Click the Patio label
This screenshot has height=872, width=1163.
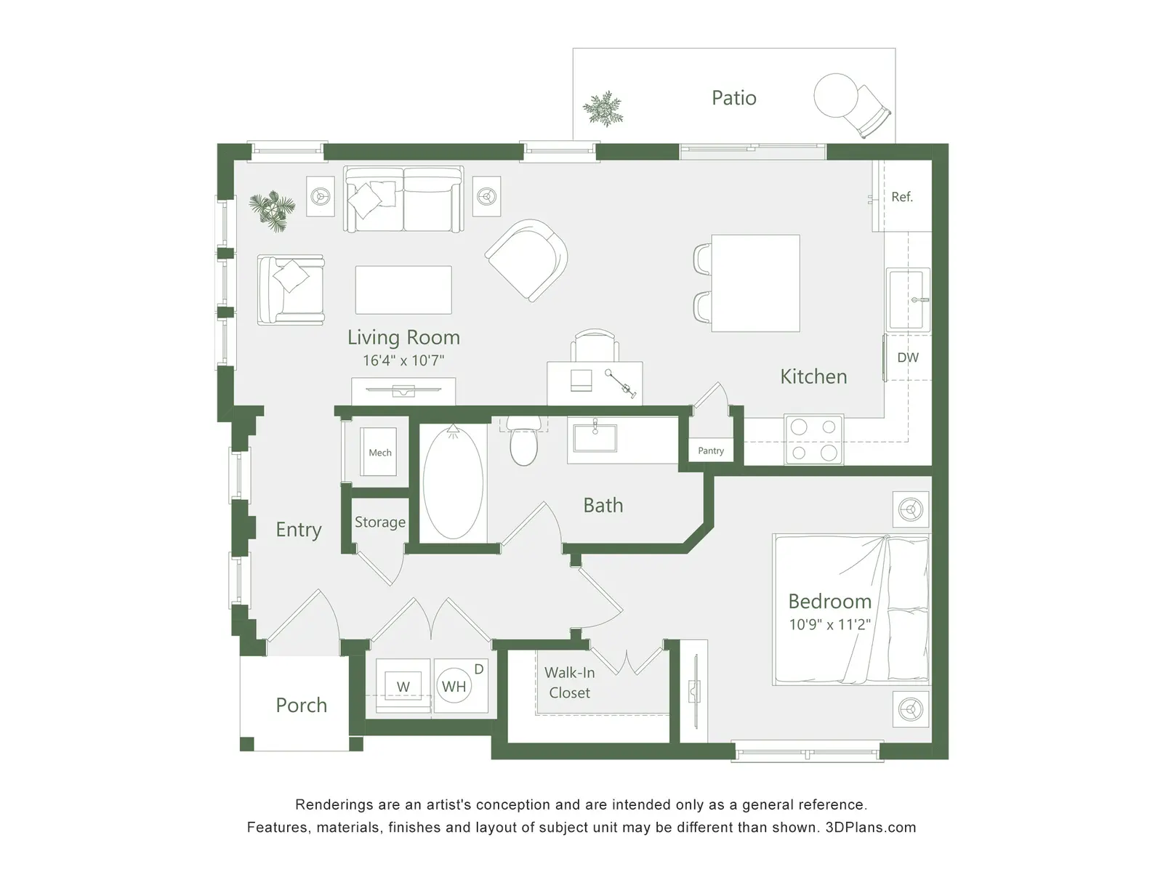point(734,98)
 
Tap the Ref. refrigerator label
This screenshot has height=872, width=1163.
point(902,197)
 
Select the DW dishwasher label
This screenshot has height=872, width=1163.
point(908,358)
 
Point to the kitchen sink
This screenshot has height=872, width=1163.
point(909,299)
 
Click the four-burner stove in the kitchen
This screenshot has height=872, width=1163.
point(814,440)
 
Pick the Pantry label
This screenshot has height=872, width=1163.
point(710,451)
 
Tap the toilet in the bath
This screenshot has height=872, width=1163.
point(523,440)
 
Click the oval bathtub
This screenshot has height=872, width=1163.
point(453,483)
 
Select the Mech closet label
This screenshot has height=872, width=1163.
point(380,453)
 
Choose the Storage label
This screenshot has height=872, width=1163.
point(380,522)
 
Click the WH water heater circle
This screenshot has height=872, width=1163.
point(454,687)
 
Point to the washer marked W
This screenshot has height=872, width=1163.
point(403,687)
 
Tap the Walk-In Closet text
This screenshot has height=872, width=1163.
point(570,682)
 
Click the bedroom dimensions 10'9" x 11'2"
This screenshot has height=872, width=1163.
point(830,625)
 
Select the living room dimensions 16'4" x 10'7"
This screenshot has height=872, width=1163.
point(403,360)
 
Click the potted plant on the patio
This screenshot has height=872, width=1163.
point(603,108)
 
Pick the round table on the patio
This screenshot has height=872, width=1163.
point(836,95)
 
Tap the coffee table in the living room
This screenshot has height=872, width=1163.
point(403,290)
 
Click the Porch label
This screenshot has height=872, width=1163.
point(302,705)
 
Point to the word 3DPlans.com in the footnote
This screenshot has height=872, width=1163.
point(871,827)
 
